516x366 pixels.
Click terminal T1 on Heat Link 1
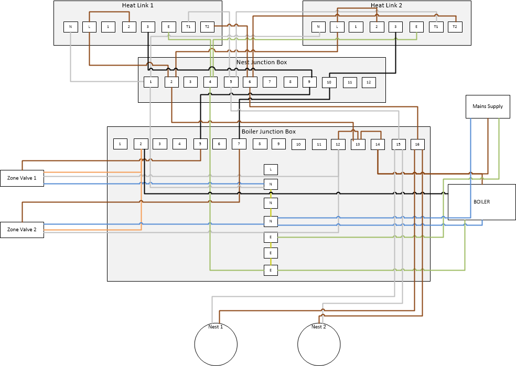pos(188,26)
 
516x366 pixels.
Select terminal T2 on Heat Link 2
pos(455,26)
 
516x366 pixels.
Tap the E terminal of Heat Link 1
pos(168,26)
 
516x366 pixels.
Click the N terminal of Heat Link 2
pos(318,26)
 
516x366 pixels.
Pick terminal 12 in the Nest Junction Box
pos(369,82)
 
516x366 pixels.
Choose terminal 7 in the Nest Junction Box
pos(270,82)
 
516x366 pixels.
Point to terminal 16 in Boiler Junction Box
pos(417,144)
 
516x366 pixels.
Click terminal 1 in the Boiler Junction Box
pos(120,143)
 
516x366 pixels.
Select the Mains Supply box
pos(488,106)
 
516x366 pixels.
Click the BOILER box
pos(481,202)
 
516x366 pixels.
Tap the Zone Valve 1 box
pos(22,178)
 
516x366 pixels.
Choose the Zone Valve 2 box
pos(22,230)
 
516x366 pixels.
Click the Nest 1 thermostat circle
pos(216,344)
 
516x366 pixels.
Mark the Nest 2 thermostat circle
pos(319,344)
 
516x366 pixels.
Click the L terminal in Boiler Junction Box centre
pos(271,169)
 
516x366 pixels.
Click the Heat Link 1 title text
pos(137,5)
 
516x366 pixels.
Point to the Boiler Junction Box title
pos(268,132)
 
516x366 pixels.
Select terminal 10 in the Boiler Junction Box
pos(298,144)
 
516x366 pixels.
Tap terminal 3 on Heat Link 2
pos(395,26)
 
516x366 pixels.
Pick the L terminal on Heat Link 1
pos(89,26)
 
